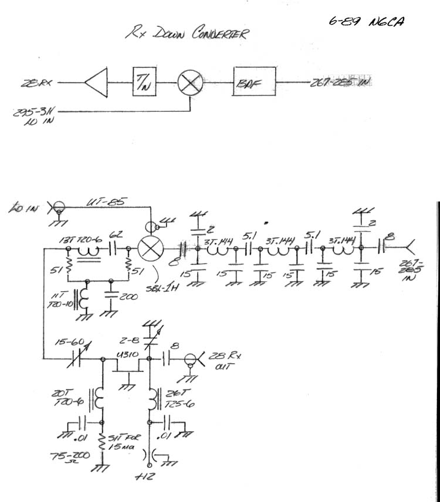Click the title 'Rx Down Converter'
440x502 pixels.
pyautogui.click(x=186, y=33)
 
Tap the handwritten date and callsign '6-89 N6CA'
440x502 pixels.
pyautogui.click(x=367, y=22)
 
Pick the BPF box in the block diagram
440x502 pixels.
pyautogui.click(x=254, y=83)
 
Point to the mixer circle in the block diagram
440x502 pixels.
pyautogui.click(x=189, y=83)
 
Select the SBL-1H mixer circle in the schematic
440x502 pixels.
pyautogui.click(x=152, y=248)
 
